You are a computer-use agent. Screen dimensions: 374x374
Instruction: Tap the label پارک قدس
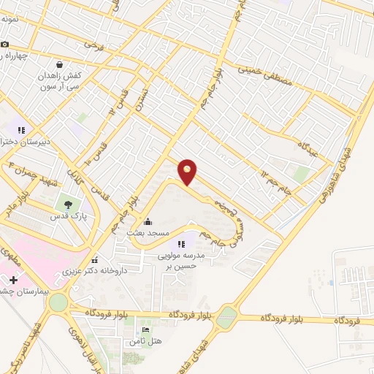click(x=75, y=218)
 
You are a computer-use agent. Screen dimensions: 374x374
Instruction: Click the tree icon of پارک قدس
click(x=69, y=205)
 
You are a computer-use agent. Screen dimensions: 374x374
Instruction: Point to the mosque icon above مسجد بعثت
click(x=148, y=221)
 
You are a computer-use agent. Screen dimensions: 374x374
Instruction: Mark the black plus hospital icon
click(x=13, y=280)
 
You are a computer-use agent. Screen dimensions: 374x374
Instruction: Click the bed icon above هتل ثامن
click(x=145, y=330)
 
